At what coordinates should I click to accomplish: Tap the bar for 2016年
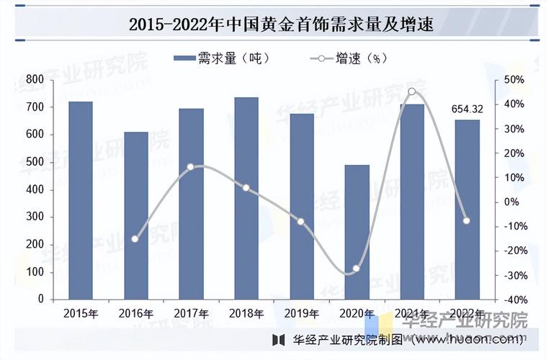pyautogui.click(x=135, y=215)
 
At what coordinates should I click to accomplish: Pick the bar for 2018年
pyautogui.click(x=246, y=198)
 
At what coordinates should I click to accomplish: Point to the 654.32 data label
pyautogui.click(x=467, y=109)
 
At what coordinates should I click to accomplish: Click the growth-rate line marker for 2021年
pyautogui.click(x=411, y=91)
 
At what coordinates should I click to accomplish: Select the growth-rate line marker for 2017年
pyautogui.click(x=190, y=167)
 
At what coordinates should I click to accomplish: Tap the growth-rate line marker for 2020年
pyautogui.click(x=356, y=269)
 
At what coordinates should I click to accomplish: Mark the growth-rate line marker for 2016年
pyautogui.click(x=135, y=238)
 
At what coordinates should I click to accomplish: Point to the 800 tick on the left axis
pyautogui.click(x=35, y=79)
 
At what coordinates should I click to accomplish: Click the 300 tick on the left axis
pyautogui.click(x=35, y=217)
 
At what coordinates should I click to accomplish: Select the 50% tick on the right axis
pyautogui.click(x=514, y=79)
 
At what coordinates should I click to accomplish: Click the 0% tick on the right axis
pyautogui.click(x=512, y=202)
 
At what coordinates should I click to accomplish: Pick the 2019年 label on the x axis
pyautogui.click(x=301, y=313)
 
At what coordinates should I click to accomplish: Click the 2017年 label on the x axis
pyautogui.click(x=191, y=313)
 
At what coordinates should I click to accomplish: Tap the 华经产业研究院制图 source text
pyautogui.click(x=339, y=338)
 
